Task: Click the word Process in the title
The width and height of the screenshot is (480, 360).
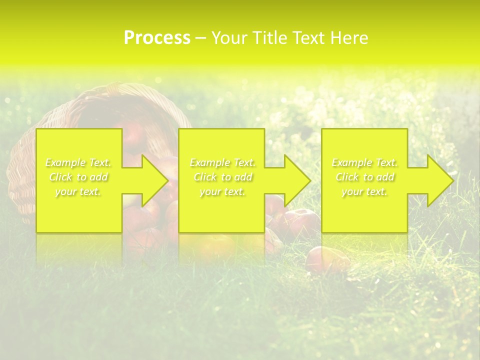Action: tap(157, 38)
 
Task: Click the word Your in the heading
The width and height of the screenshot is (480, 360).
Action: tap(230, 38)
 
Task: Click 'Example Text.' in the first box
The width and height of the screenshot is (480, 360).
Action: tap(78, 162)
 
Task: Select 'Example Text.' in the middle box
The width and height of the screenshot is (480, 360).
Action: tap(222, 162)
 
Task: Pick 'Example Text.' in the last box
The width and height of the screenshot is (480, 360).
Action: tap(364, 162)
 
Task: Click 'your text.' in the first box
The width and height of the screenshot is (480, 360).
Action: tap(78, 191)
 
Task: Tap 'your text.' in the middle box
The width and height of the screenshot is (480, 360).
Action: tap(222, 191)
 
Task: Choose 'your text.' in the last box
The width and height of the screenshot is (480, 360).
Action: tap(364, 191)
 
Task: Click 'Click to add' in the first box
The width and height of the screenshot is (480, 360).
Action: tap(78, 177)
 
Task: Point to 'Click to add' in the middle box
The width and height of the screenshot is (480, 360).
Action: tap(222, 177)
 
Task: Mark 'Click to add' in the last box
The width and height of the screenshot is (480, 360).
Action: tap(364, 177)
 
